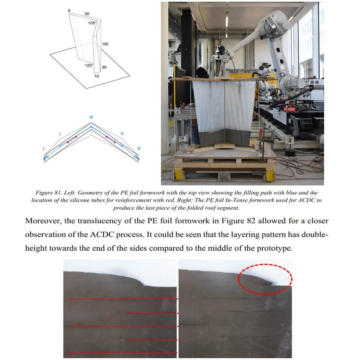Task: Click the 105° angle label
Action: click(x=92, y=23)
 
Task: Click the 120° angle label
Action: click(x=89, y=66)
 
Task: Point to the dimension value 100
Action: click(x=105, y=44)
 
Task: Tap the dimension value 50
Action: click(x=87, y=14)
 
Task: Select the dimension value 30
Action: click(x=104, y=67)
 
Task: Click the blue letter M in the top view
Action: click(x=91, y=117)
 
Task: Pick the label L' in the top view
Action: click(x=44, y=148)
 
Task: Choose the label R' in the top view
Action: click(x=139, y=148)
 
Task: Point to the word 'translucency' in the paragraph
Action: click(x=100, y=221)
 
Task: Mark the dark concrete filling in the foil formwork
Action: click(x=224, y=138)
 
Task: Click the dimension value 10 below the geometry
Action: click(x=97, y=76)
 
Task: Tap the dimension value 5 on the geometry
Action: click(x=69, y=11)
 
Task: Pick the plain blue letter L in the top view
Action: click(x=60, y=134)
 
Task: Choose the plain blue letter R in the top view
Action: click(x=122, y=134)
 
